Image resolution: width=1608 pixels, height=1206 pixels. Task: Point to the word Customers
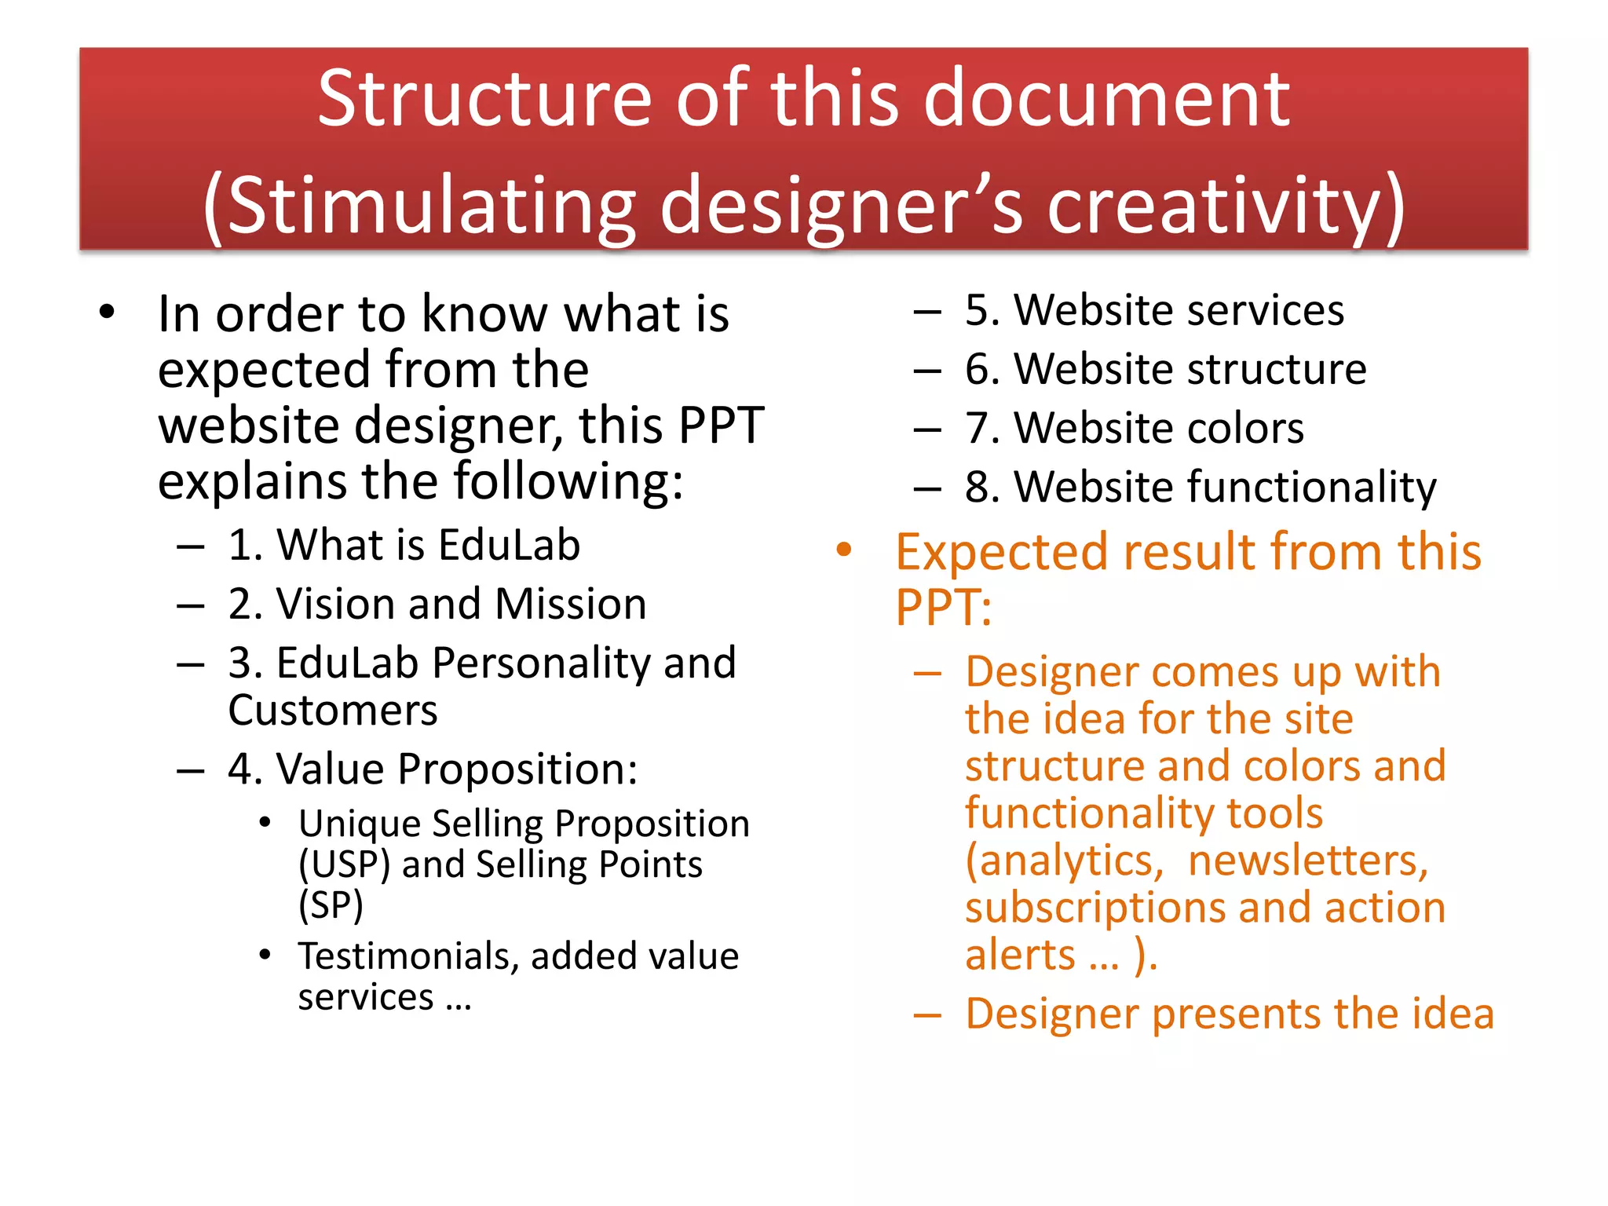[x=333, y=711]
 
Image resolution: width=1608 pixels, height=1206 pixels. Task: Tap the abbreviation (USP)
[x=344, y=864]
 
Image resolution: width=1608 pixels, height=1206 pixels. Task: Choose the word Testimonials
[x=407, y=956]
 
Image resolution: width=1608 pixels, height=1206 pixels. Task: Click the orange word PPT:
[x=944, y=608]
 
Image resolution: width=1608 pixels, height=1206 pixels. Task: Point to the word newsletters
[x=1308, y=861]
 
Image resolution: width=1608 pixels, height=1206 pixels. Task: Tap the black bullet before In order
[x=108, y=312]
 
